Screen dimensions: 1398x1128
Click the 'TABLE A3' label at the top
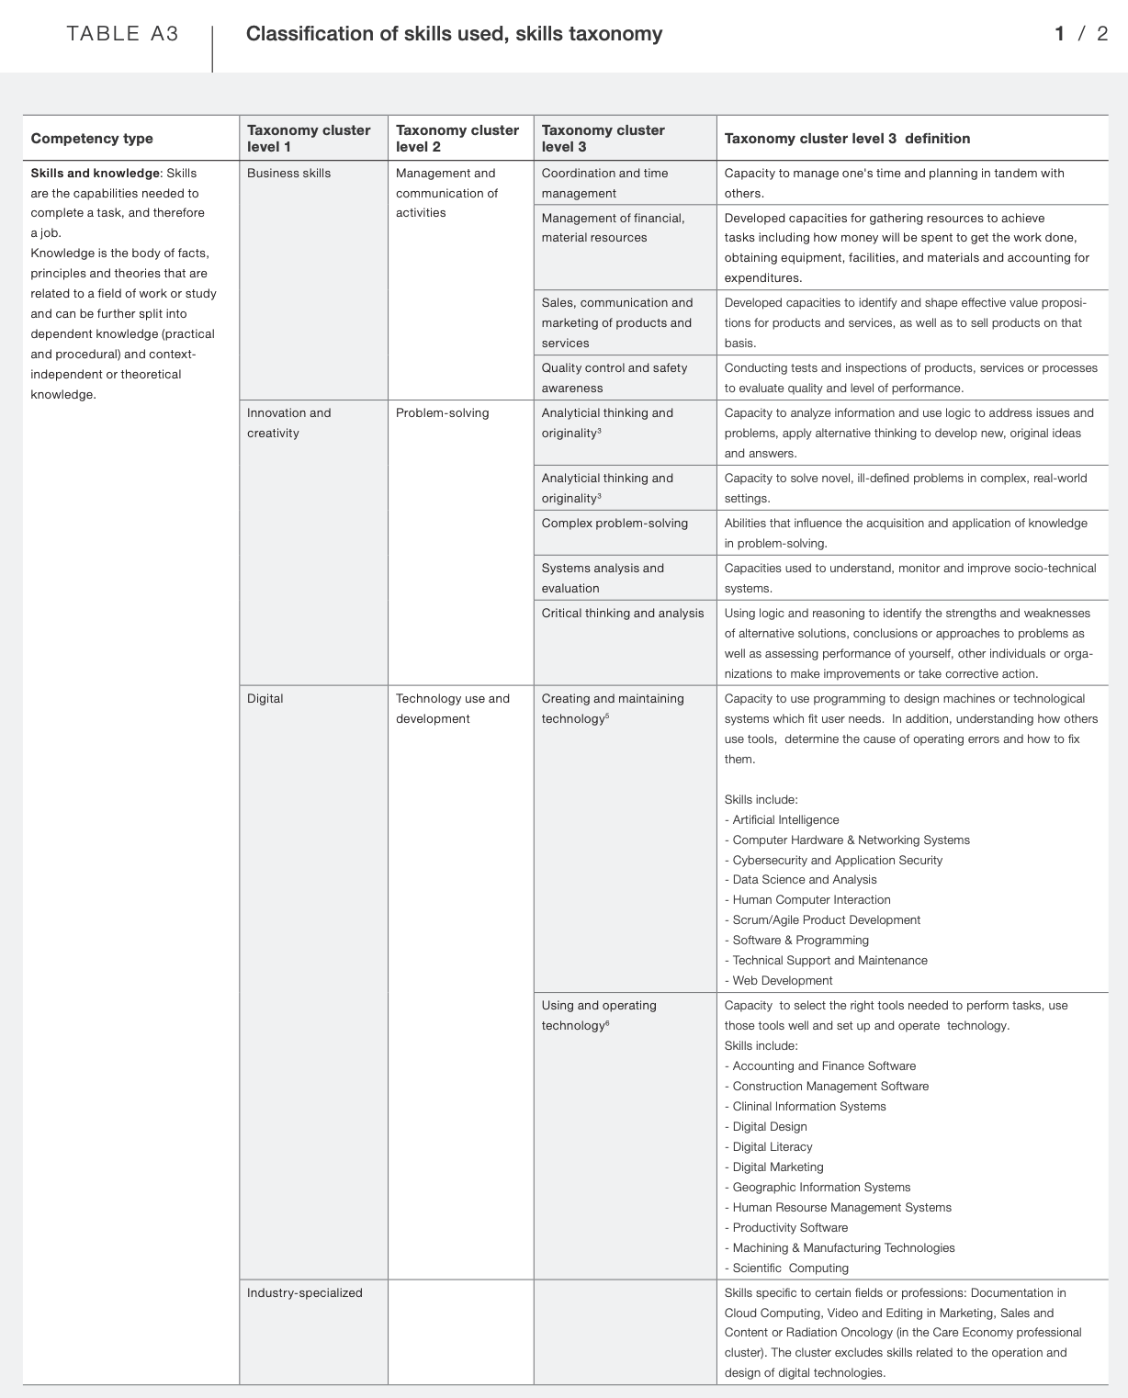122,34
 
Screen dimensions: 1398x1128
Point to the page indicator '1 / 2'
1081,34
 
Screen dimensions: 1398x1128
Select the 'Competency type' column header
92,139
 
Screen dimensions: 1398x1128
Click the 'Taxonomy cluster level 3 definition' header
847,139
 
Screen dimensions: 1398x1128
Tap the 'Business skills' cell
288,174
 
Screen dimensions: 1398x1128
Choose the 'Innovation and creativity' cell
288,423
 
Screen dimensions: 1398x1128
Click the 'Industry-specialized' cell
304,1293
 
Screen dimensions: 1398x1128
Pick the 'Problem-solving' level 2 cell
443,413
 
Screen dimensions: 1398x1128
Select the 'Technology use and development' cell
452,709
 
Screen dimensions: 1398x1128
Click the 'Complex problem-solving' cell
615,524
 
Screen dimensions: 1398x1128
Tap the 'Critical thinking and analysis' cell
623,614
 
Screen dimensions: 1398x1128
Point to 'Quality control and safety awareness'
614,378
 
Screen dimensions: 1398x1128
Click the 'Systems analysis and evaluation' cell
603,579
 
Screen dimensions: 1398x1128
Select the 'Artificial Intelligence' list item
785,820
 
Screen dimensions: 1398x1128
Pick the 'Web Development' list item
782,981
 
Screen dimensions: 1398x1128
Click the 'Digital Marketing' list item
777,1167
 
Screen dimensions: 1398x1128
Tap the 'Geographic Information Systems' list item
821,1188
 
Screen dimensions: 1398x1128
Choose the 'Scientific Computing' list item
790,1268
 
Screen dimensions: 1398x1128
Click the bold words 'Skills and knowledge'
95,174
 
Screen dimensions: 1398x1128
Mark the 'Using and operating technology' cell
599,1016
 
